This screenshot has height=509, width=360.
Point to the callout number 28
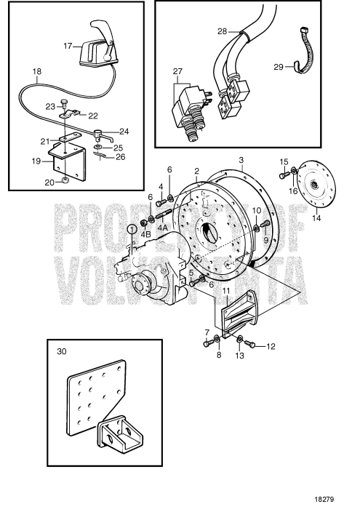223,31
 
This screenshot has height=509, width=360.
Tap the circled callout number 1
132,229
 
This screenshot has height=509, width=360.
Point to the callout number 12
271,346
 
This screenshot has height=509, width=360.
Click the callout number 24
124,132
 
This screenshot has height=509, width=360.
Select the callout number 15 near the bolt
284,161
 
